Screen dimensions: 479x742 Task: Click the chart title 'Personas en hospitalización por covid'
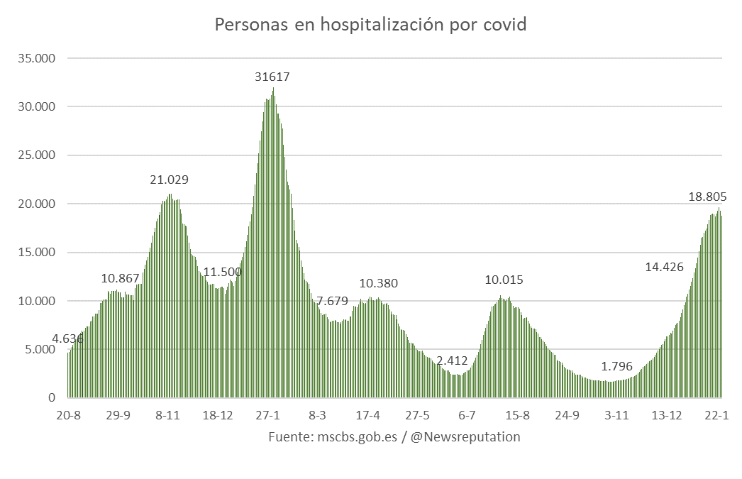[370, 26]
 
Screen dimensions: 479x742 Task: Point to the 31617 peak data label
[272, 77]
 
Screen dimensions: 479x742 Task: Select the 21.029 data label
[169, 180]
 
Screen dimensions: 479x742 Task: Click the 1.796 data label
[616, 367]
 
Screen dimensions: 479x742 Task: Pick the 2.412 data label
[452, 360]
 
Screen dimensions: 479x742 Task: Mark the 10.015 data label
[504, 280]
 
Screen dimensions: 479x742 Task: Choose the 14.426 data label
[664, 268]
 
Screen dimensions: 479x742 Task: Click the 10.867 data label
[121, 279]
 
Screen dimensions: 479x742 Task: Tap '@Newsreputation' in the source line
[465, 437]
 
